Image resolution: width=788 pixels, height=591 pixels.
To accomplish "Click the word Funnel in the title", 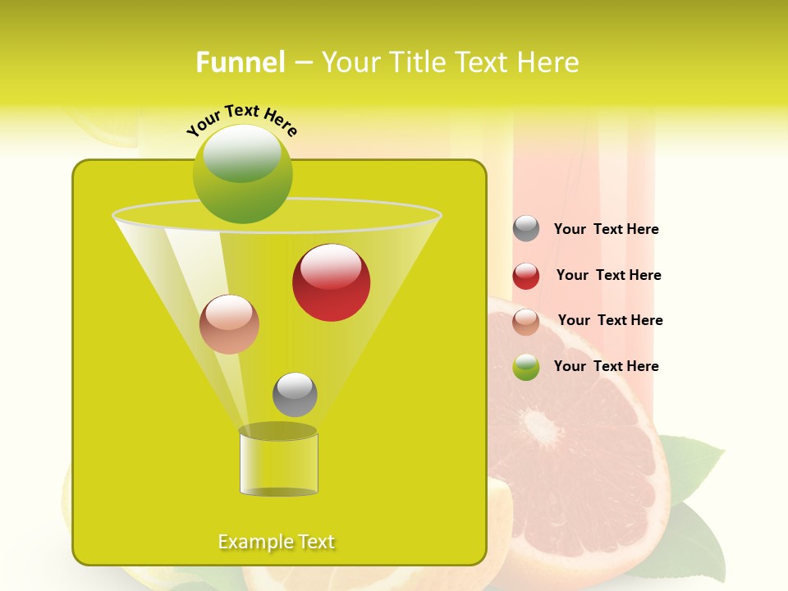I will (240, 62).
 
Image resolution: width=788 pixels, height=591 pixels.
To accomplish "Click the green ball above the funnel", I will (242, 174).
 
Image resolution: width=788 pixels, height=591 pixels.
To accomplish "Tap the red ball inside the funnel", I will (331, 282).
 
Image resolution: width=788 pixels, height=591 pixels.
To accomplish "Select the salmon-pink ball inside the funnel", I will (229, 324).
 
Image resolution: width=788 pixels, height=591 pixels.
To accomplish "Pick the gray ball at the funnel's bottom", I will (295, 395).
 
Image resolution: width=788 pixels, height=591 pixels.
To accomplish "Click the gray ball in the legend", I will (526, 228).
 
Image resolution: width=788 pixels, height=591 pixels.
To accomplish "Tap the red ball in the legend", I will (526, 275).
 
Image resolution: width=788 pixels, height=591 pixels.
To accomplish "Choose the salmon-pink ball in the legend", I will (526, 321).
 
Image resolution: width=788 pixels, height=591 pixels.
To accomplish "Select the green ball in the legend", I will (526, 367).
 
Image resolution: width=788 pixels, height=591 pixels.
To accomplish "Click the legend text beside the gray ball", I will (606, 229).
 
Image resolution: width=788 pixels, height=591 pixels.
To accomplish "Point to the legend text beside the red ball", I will (608, 275).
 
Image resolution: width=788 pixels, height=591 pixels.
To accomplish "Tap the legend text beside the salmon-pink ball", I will (610, 320).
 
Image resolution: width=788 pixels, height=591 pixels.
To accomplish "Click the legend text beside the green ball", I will (606, 366).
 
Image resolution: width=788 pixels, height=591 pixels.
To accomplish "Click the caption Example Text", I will (277, 542).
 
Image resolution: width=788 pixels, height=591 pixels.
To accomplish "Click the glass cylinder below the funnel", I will (278, 464).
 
